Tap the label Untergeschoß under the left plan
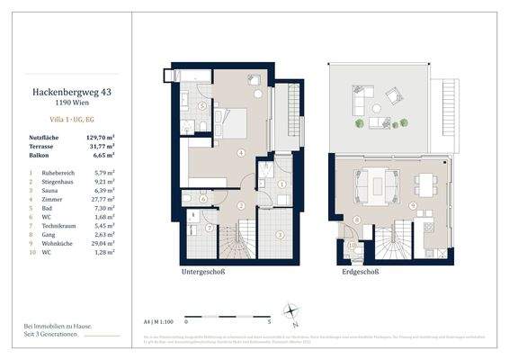coord(209,271)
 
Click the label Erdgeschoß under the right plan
coord(360,271)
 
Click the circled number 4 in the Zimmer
coord(240,153)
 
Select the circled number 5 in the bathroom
coord(202,106)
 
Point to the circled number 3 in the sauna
coord(280,235)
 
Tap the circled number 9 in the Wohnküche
coord(412,206)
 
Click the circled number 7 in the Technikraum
coord(209,227)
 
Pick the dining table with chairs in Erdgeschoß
coord(426,183)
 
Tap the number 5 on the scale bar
coord(270,320)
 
